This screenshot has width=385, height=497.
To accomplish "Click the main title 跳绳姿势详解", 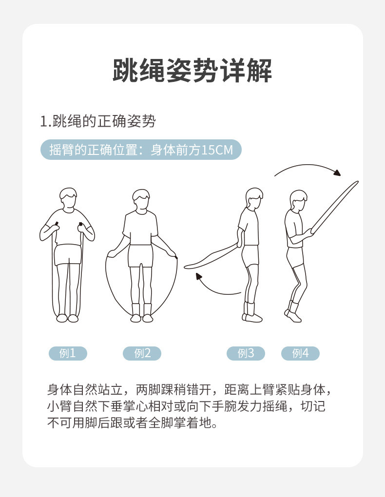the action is pos(192,70).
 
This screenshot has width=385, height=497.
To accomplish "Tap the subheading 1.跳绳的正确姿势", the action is pos(97,121).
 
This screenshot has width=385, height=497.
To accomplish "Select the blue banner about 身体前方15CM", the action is pos(141,150).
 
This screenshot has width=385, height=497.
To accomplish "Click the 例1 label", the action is pos(68,353).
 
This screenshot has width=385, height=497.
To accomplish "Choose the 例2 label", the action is pos(142,353).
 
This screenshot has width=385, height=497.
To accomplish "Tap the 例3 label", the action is pos(246,353).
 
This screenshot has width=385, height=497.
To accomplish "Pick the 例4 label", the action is pos(300,353).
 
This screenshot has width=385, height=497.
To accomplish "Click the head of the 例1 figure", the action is pos(68,198).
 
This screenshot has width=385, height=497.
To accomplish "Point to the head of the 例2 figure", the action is pos(141,199).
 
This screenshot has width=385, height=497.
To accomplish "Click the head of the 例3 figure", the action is pos(254,198).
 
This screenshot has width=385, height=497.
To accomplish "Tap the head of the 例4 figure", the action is pos(298,201).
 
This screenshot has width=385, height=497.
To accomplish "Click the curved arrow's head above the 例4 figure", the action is pos(337,172).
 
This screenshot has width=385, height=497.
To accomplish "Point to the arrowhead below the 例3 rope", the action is pos(199,276).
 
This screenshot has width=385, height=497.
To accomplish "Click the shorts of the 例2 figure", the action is pos(140,255).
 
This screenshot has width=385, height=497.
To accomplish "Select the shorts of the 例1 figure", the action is pos(68,255).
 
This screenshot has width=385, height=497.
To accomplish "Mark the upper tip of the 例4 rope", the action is pos(357,182).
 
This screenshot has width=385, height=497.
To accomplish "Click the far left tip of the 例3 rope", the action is pos(185,267).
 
